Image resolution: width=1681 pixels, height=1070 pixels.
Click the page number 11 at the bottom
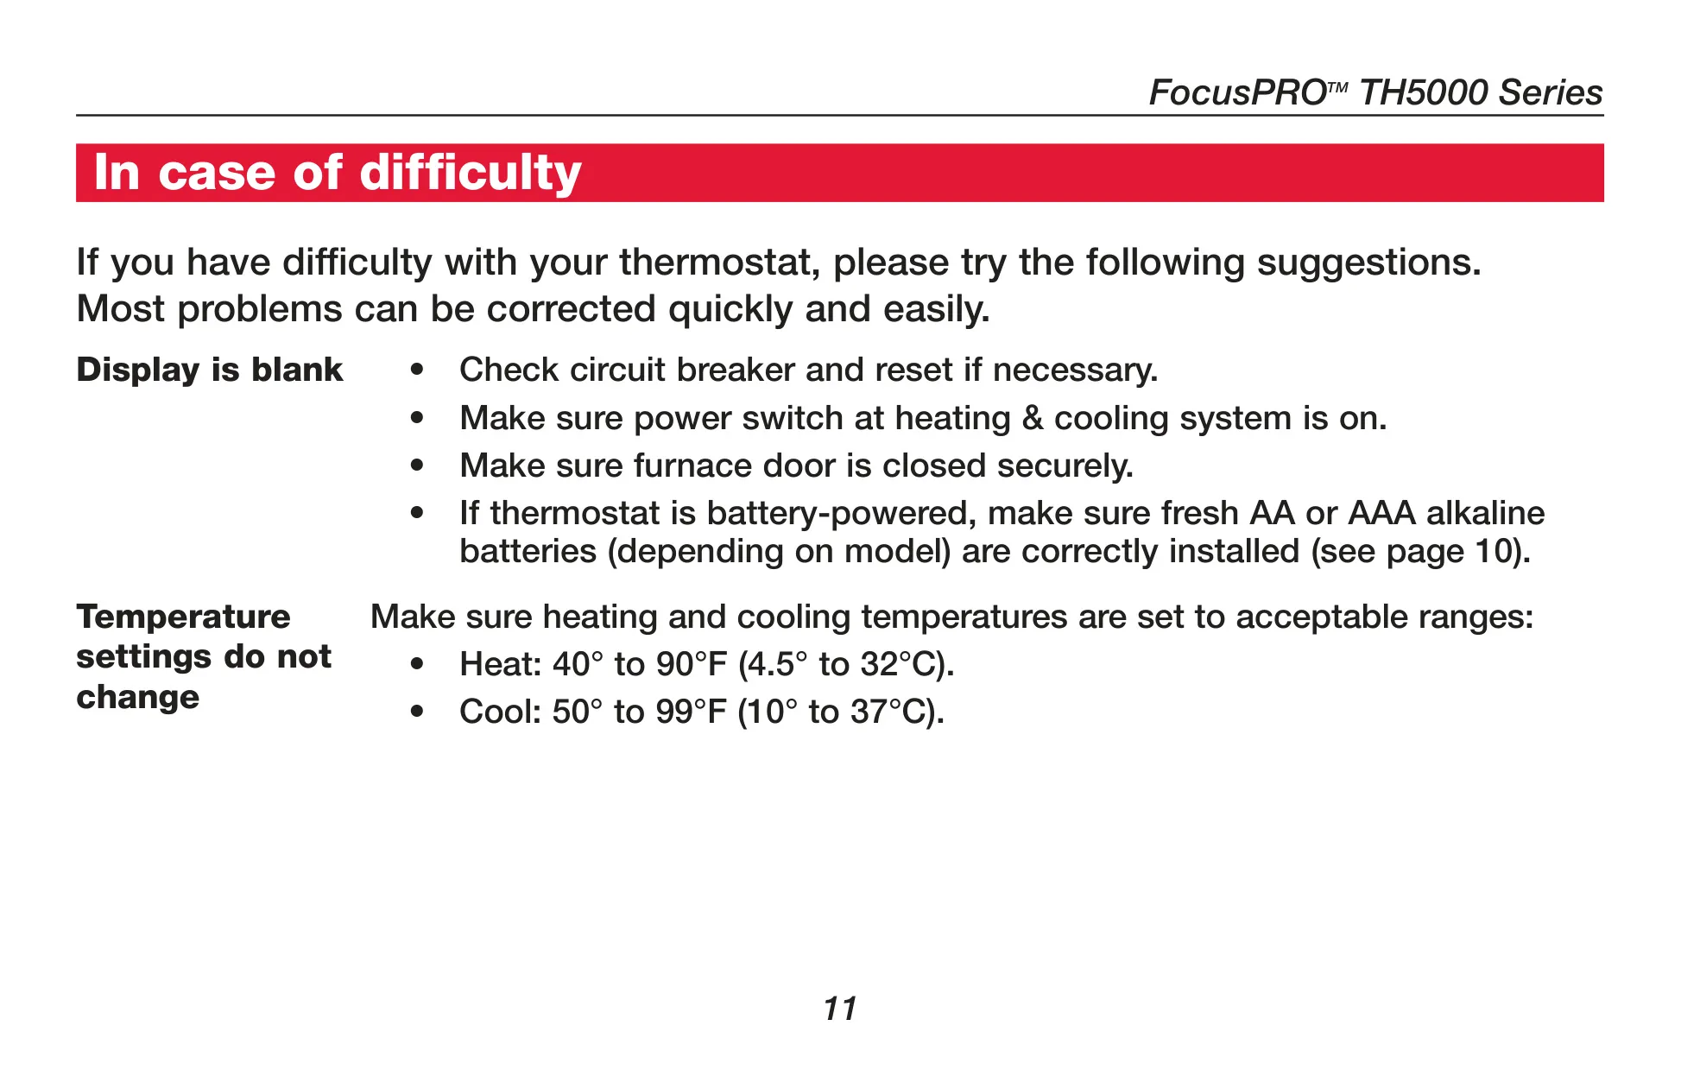(840, 1009)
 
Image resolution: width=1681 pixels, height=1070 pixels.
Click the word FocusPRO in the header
(1237, 92)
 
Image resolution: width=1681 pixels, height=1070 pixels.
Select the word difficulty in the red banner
(471, 174)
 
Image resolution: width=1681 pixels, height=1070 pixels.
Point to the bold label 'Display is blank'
(210, 370)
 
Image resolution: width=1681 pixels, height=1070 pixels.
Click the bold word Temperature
(184, 617)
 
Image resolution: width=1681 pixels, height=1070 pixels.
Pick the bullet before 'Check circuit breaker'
(418, 370)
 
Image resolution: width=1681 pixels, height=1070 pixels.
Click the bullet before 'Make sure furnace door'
(418, 466)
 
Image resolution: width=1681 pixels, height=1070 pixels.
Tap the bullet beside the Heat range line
(418, 665)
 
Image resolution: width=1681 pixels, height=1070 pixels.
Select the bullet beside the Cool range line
(418, 712)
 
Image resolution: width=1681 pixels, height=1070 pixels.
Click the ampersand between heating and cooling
(1033, 418)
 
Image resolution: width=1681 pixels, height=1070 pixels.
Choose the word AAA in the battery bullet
(1382, 513)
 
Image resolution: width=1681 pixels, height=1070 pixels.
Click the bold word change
(138, 698)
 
